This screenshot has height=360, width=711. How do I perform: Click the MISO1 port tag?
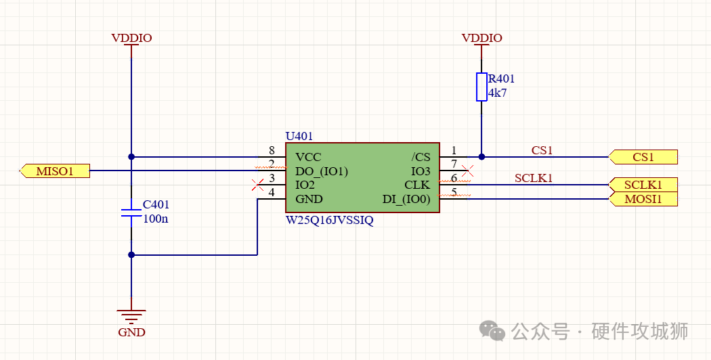pyautogui.click(x=54, y=171)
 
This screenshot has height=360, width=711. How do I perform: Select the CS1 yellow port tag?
pyautogui.click(x=643, y=157)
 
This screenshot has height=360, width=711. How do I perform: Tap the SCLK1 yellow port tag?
pyautogui.click(x=643, y=185)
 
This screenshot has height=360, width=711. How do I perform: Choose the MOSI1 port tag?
pyautogui.click(x=643, y=199)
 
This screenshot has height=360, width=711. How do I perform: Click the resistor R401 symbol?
pyautogui.click(x=481, y=87)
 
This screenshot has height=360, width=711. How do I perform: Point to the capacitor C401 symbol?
pyautogui.click(x=131, y=212)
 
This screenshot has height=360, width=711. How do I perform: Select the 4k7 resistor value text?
pyautogui.click(x=498, y=93)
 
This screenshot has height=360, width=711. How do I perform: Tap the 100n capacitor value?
pyautogui.click(x=156, y=219)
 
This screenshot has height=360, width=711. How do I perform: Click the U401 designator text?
pyautogui.click(x=299, y=136)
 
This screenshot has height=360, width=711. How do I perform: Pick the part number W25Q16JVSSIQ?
pyautogui.click(x=330, y=220)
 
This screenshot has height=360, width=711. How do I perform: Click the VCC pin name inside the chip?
pyautogui.click(x=308, y=157)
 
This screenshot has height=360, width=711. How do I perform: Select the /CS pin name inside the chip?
pyautogui.click(x=421, y=157)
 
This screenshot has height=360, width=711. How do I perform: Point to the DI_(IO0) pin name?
pyautogui.click(x=406, y=199)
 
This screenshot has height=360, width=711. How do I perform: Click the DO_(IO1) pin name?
pyautogui.click(x=322, y=171)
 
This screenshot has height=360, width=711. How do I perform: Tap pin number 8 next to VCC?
pyautogui.click(x=272, y=150)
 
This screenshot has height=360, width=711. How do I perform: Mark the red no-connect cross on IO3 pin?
pyautogui.click(x=467, y=171)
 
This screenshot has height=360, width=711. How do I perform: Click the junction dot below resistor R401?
pyautogui.click(x=481, y=157)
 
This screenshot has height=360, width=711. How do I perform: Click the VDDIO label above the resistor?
pyautogui.click(x=481, y=38)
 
